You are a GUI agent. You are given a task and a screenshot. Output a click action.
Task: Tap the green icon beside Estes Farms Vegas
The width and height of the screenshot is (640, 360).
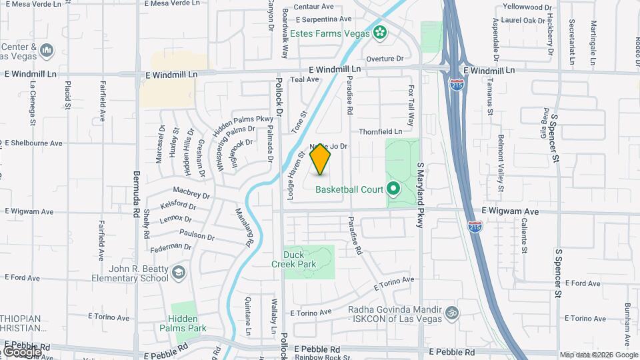pos(380,31)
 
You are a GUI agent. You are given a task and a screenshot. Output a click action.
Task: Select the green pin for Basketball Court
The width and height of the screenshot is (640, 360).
pos(393,189)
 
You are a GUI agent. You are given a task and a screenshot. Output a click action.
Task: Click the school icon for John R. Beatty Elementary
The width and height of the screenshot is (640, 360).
pos(178,272)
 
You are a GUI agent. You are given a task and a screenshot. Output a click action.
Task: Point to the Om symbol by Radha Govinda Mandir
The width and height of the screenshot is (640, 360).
pos(451,311)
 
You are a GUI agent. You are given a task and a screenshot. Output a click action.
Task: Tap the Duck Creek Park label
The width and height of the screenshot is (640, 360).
pos(299,259)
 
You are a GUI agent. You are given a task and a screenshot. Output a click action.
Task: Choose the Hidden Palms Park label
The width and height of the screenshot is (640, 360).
pos(187,323)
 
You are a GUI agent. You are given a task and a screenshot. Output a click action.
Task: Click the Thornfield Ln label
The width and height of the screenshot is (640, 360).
pos(381,132)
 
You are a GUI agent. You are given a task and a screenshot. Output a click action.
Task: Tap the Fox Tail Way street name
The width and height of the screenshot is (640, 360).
pos(411,105)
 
